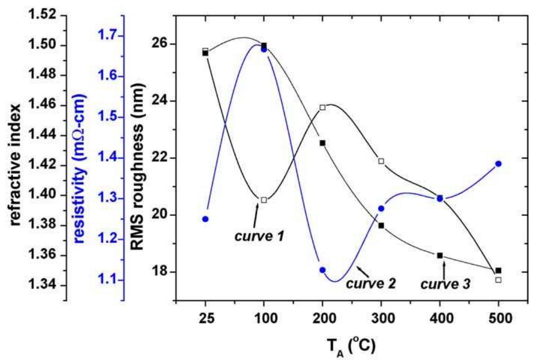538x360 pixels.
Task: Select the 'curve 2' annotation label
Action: pos(371,284)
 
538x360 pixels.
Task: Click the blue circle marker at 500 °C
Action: pos(498,164)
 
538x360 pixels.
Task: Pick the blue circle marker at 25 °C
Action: pos(205,219)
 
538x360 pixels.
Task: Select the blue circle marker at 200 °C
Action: pos(323,270)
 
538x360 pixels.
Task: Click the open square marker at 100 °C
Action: pos(264,200)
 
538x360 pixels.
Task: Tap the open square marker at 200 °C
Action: pos(323,107)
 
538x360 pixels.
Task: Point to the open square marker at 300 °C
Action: pos(381,161)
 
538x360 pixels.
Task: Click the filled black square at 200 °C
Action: pos(323,143)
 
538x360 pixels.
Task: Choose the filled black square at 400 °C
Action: pos(440,255)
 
